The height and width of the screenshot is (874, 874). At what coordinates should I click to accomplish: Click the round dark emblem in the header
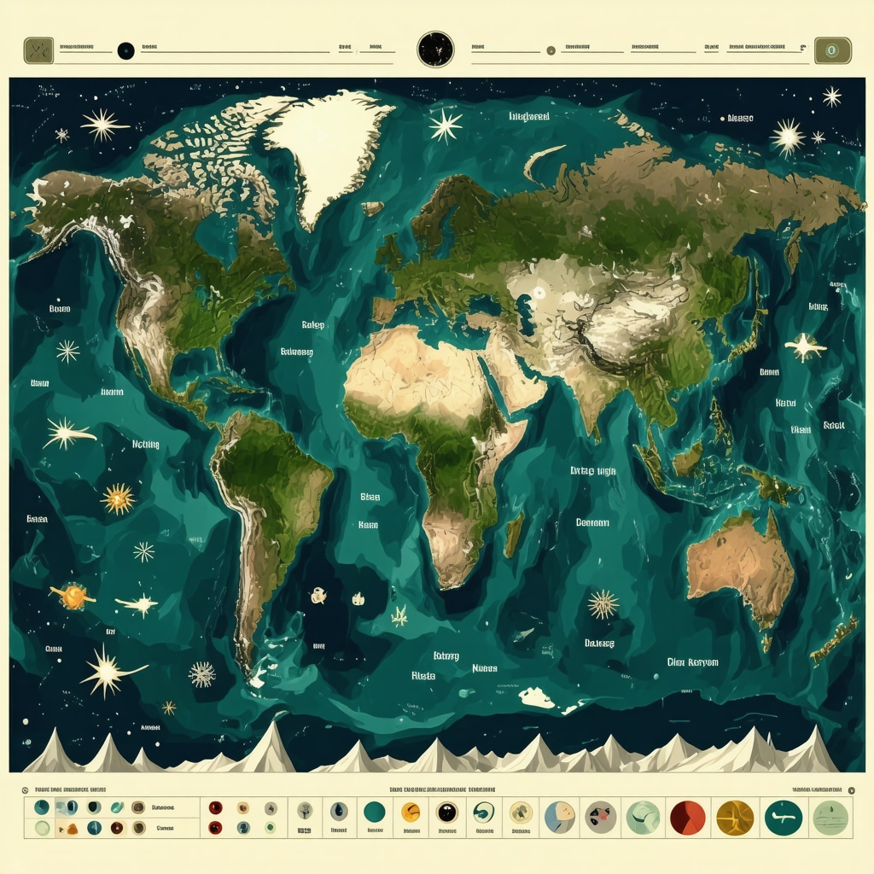pos(435,49)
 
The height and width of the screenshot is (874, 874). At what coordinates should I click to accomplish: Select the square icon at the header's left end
pos(38,50)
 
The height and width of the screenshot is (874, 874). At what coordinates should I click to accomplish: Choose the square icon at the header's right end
pos(832,50)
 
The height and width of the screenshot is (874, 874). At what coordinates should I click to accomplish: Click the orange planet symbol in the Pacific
pos(73,595)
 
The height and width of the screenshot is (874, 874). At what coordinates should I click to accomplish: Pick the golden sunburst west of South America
pos(118,498)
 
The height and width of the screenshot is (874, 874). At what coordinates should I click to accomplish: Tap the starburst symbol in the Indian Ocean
pos(603,603)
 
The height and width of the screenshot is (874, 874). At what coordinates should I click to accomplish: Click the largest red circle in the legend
pos(687,817)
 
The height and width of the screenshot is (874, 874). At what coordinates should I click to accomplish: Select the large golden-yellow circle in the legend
pos(735,817)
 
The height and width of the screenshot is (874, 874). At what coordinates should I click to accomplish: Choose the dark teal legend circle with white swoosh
pos(783,817)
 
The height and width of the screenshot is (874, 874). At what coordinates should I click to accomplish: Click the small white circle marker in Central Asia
pos(539,293)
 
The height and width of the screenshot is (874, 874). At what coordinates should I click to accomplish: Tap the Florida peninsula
pos(224,367)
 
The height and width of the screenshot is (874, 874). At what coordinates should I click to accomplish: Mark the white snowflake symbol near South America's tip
pos(202,673)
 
